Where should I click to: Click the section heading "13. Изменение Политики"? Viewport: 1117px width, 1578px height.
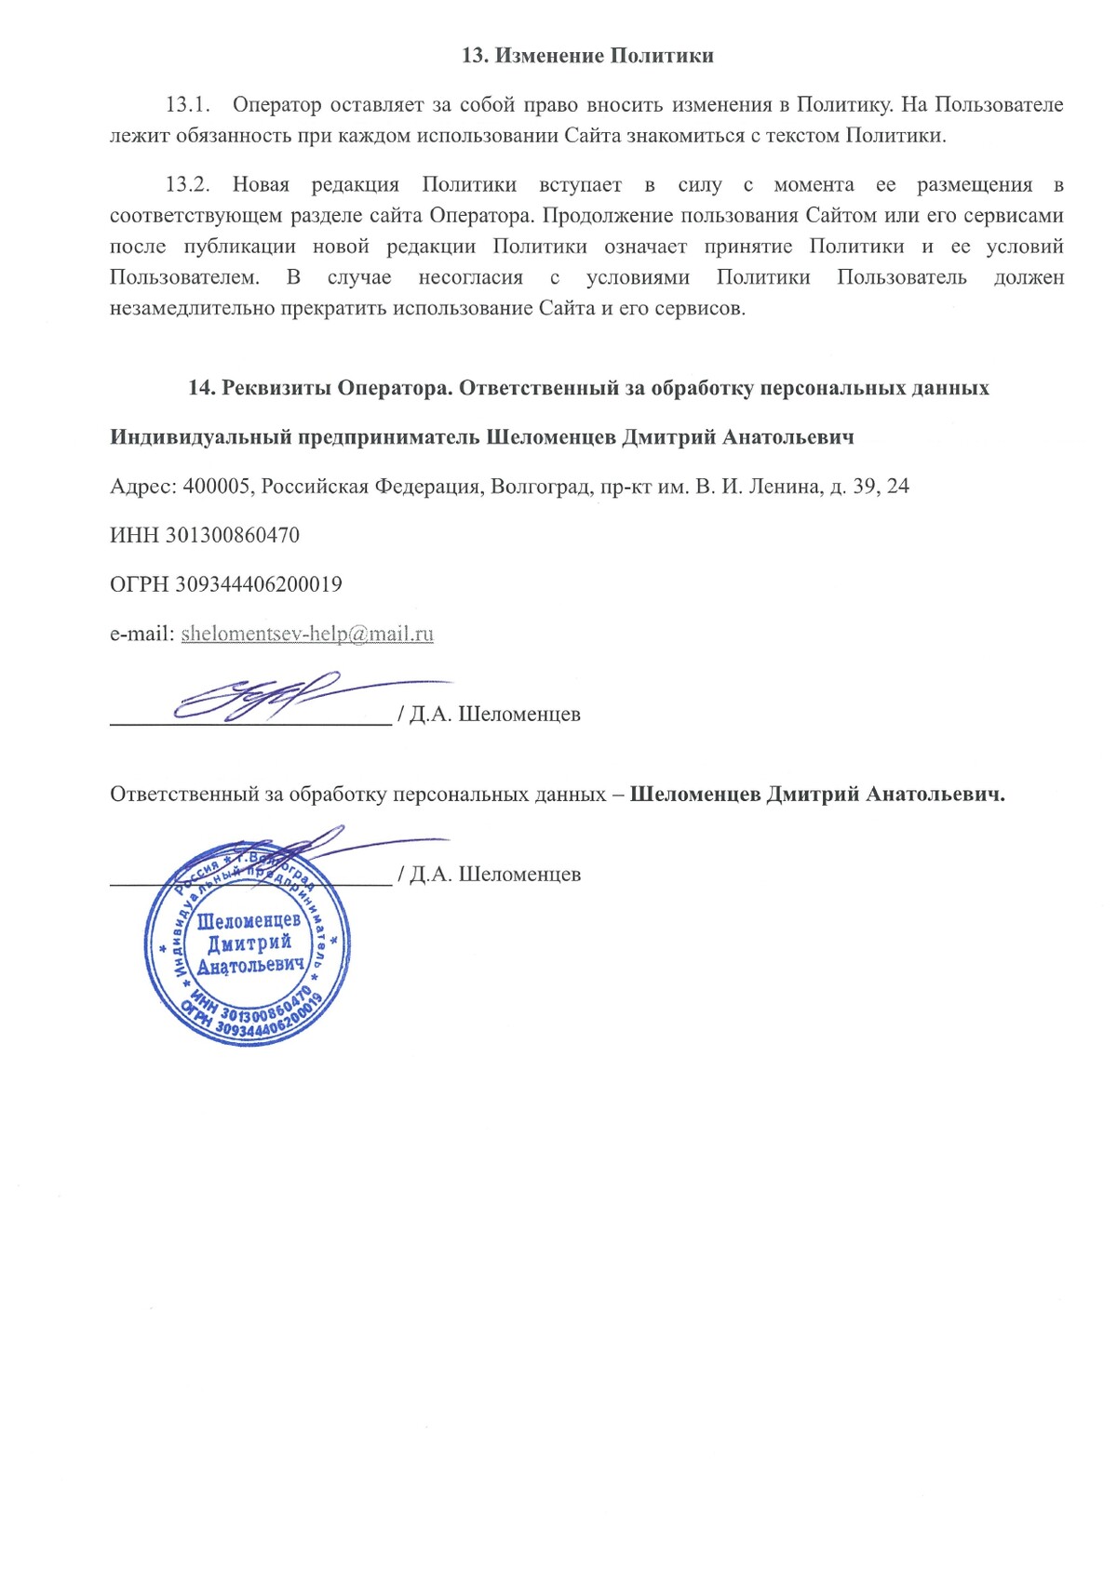[x=587, y=56]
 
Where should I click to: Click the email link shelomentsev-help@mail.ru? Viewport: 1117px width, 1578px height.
[x=307, y=635]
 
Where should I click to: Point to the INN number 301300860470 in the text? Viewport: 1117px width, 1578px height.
[x=232, y=536]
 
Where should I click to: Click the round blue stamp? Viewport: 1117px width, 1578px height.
[x=248, y=945]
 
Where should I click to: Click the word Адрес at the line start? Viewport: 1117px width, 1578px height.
[x=142, y=487]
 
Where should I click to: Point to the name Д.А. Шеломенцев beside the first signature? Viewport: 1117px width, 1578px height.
[x=494, y=715]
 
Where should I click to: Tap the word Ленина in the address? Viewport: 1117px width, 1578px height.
[x=780, y=487]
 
